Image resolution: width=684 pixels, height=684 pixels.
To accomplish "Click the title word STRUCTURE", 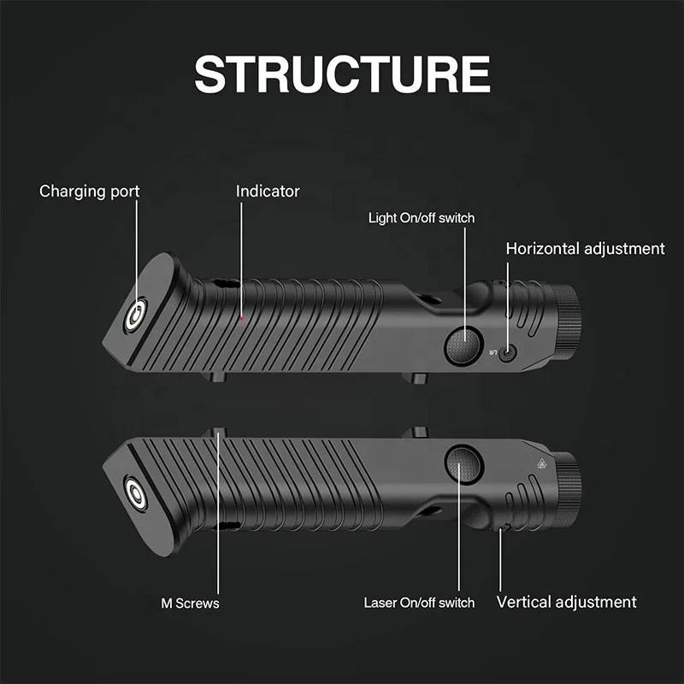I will point(342,75).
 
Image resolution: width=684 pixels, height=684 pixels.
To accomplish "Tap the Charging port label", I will point(89,191).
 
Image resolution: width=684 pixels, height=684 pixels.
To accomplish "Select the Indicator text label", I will point(268,191).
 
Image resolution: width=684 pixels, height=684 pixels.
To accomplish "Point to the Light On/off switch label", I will point(421,218).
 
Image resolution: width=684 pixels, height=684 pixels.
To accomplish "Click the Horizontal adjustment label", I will point(585,249).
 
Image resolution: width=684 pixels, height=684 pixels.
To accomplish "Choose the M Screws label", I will point(190,603).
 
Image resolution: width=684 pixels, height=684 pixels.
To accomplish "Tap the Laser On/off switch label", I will point(419,603).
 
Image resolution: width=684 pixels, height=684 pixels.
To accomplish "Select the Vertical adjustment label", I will point(566,602).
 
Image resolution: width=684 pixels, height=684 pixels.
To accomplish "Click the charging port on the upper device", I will point(135,316).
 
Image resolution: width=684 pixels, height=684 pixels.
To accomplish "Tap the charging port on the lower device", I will point(135,492).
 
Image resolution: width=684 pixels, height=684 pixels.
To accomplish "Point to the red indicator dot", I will point(242,318).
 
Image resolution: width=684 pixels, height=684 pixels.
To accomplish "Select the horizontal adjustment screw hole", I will point(510,352).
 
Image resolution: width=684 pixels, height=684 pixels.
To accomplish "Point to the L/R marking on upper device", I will point(492,352).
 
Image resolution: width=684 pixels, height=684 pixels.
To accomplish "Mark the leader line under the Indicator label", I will point(242,256).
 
